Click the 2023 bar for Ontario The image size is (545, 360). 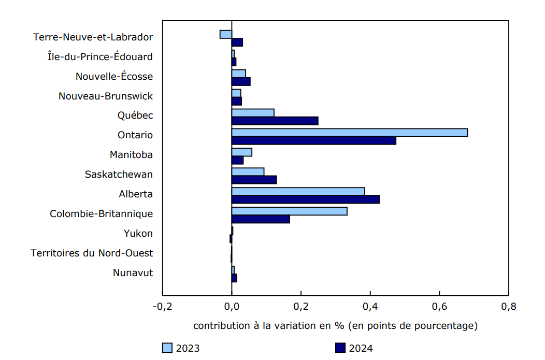[x=349, y=133]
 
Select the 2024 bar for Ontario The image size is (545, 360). [x=313, y=141]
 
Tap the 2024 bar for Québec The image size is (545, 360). [x=275, y=121]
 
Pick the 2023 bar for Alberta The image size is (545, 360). [x=298, y=192]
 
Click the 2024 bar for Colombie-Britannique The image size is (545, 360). [x=261, y=219]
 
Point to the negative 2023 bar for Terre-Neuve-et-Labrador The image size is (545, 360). [x=226, y=34]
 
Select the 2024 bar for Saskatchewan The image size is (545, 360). [x=254, y=180]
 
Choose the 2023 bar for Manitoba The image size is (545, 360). [x=241, y=152]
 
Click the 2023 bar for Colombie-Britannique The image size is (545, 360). [x=289, y=211]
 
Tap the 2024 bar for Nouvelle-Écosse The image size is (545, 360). [x=241, y=81]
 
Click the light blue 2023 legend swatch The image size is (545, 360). [x=167, y=348]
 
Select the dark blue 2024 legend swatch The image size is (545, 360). [x=340, y=348]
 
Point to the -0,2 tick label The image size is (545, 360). [x=162, y=307]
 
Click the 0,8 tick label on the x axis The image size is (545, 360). [x=508, y=307]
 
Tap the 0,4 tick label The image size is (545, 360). [x=370, y=307]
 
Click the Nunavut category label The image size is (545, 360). [x=133, y=273]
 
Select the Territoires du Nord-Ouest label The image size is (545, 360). [x=92, y=253]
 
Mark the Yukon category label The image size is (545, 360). [x=138, y=234]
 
